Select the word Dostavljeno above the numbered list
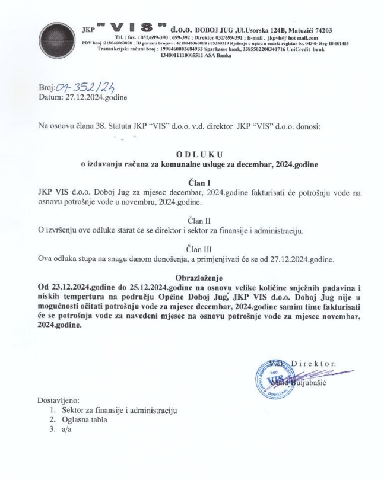click(x=58, y=400)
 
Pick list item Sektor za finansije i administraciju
click(x=113, y=410)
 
